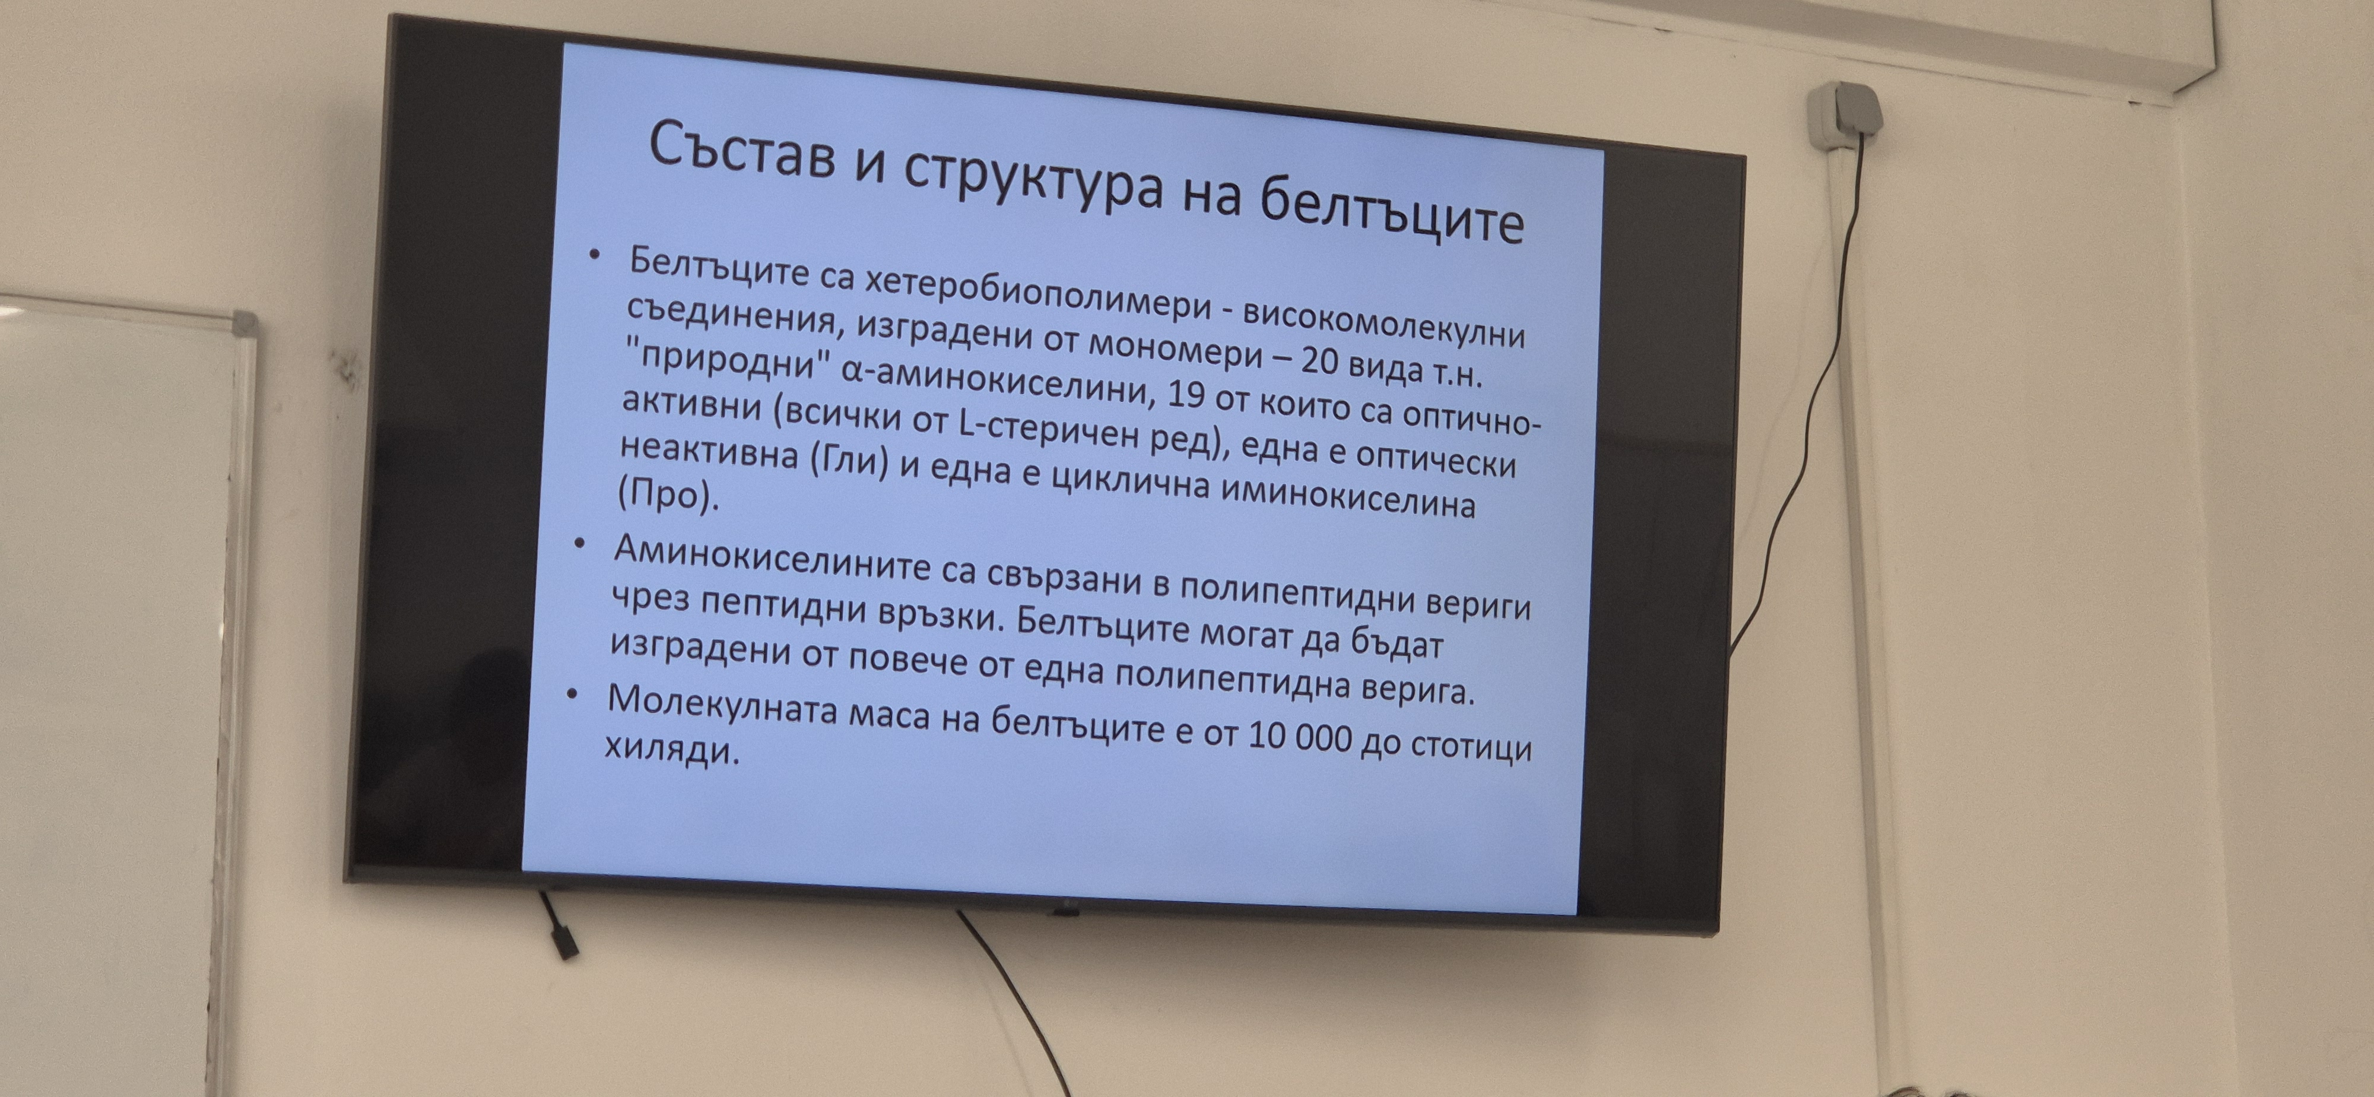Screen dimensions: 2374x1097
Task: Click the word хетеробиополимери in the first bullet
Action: (1037, 290)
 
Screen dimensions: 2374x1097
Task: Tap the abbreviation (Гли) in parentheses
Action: (848, 461)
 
